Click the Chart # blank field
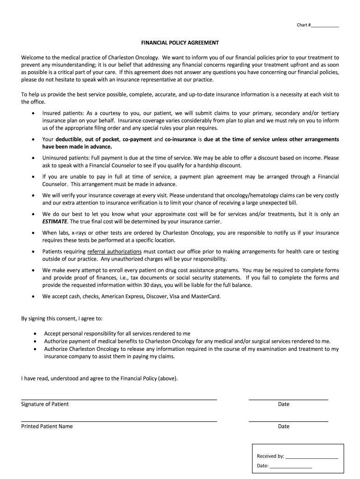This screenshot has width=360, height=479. pyautogui.click(x=324, y=25)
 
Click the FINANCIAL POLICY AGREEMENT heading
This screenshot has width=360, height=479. pyautogui.click(x=180, y=43)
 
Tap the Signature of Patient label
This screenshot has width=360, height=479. pyautogui.click(x=45, y=404)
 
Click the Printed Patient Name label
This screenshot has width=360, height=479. pyautogui.click(x=47, y=426)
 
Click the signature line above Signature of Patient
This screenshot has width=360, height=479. pyautogui.click(x=119, y=399)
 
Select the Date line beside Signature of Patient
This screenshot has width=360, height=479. pyautogui.click(x=288, y=399)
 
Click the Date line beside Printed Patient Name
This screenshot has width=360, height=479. pyautogui.click(x=288, y=421)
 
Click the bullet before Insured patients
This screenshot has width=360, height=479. pyautogui.click(x=32, y=114)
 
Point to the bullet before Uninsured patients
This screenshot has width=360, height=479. pyautogui.click(x=32, y=158)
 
